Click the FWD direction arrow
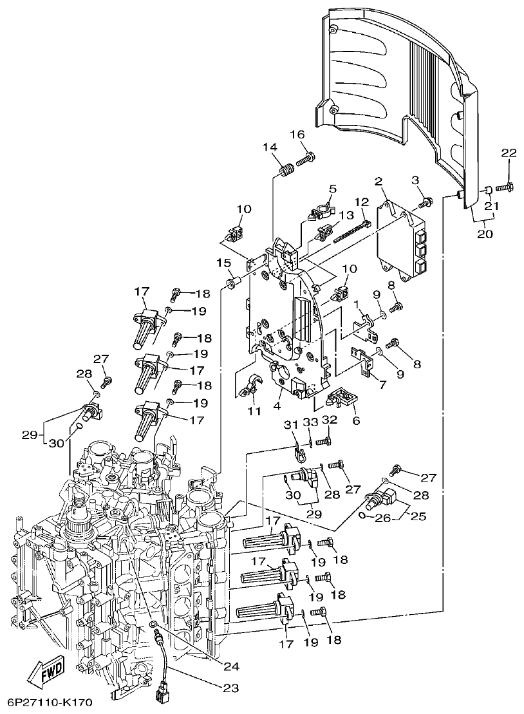click(44, 675)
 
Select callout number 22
click(509, 153)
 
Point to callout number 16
click(297, 135)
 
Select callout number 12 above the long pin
click(360, 203)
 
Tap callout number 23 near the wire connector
click(230, 688)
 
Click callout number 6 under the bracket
click(355, 420)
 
